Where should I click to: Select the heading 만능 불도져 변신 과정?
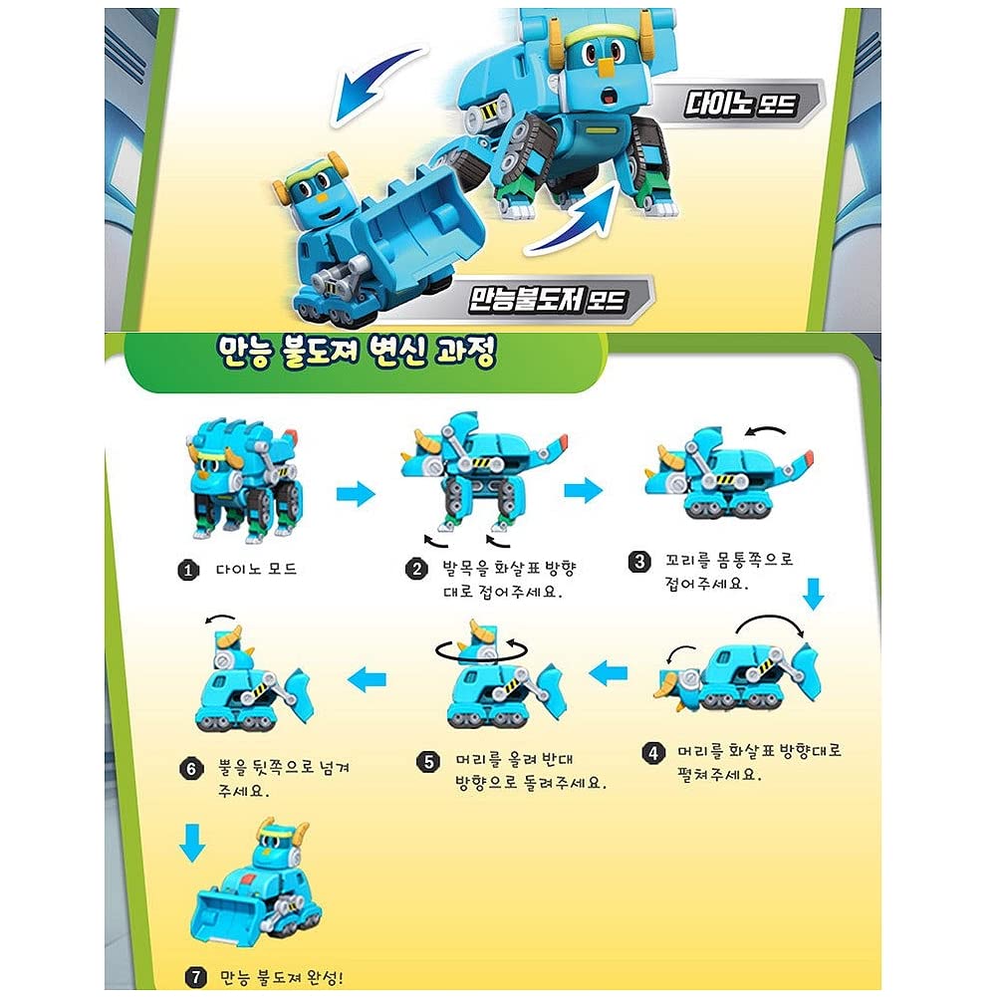pyautogui.click(x=356, y=357)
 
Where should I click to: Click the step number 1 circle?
pyautogui.click(x=186, y=571)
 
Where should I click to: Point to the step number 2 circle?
pyautogui.click(x=415, y=570)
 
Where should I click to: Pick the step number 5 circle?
pyautogui.click(x=428, y=762)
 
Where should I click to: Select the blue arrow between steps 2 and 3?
pyautogui.click(x=583, y=490)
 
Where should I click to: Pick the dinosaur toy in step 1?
pyautogui.click(x=245, y=476)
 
